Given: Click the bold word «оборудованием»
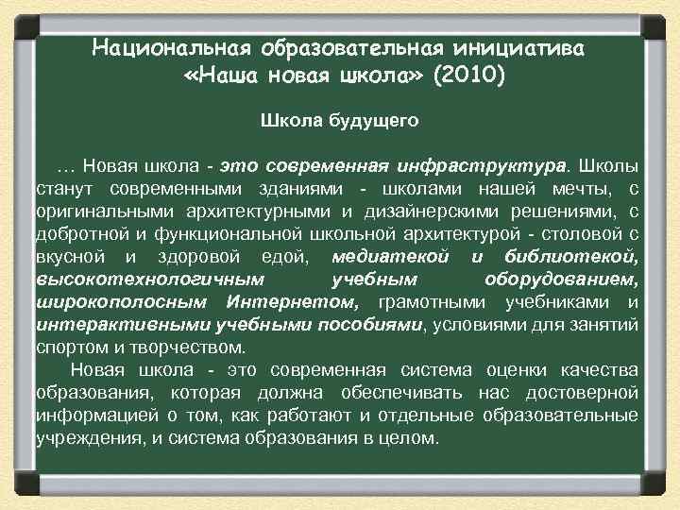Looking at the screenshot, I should tap(561, 280).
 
